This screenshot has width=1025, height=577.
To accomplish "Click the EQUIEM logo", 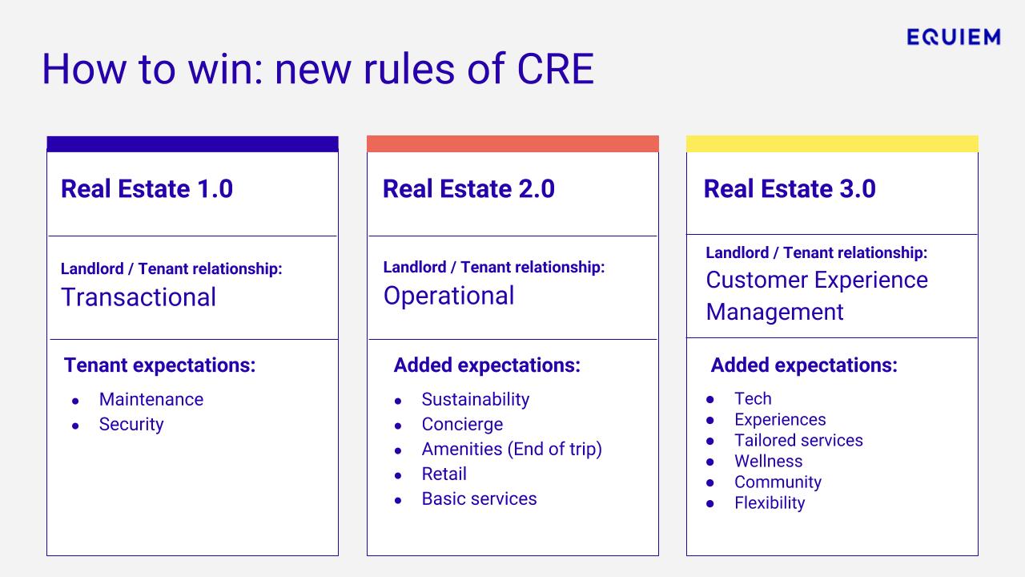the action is coord(954,37).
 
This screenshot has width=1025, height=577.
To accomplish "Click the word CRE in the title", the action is coord(555,69).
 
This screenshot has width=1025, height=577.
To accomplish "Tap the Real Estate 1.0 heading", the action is coord(147,188).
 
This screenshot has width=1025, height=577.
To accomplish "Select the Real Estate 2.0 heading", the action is coord(468,188).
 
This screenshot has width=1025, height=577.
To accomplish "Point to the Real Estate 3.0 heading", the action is coord(790,188).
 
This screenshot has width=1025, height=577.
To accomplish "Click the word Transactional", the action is coord(139,297).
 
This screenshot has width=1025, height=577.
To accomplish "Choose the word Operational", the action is coord(449,296).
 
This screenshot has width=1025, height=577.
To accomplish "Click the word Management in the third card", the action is coord(774,313).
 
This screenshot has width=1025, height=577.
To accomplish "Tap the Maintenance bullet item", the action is coord(151,399).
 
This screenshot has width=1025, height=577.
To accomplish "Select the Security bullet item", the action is coord(131,425).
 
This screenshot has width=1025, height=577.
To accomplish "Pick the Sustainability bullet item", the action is coord(476,399).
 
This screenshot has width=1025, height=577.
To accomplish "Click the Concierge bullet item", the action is coord(462,425).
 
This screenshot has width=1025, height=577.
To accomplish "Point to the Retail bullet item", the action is coord(444,474).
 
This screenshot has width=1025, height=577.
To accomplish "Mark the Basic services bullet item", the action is coord(479,498).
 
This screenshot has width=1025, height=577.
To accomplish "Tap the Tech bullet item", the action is coord(753,398).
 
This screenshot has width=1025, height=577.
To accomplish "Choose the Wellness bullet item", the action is coord(768,461).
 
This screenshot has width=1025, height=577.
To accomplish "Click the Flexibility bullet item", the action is coord(770,503).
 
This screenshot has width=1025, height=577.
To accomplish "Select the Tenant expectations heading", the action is coord(159,365).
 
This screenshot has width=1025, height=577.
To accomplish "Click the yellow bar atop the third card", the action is coord(832,143).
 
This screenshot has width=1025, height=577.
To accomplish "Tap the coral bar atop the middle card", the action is coord(513,143).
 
